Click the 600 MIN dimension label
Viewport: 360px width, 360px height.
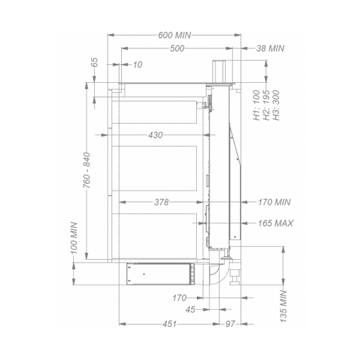tap(175, 35)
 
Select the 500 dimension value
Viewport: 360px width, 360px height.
tap(177, 48)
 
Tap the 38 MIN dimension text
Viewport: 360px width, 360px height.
tap(270, 48)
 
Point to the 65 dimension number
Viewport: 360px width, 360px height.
tap(94, 62)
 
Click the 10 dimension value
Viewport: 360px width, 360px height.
tap(138, 65)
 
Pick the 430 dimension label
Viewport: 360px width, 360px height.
tap(155, 135)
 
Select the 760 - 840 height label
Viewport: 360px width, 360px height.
tap(87, 170)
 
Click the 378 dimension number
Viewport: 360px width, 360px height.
tap(161, 202)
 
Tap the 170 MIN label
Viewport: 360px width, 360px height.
tap(275, 202)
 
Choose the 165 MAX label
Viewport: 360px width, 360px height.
tap(275, 223)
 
